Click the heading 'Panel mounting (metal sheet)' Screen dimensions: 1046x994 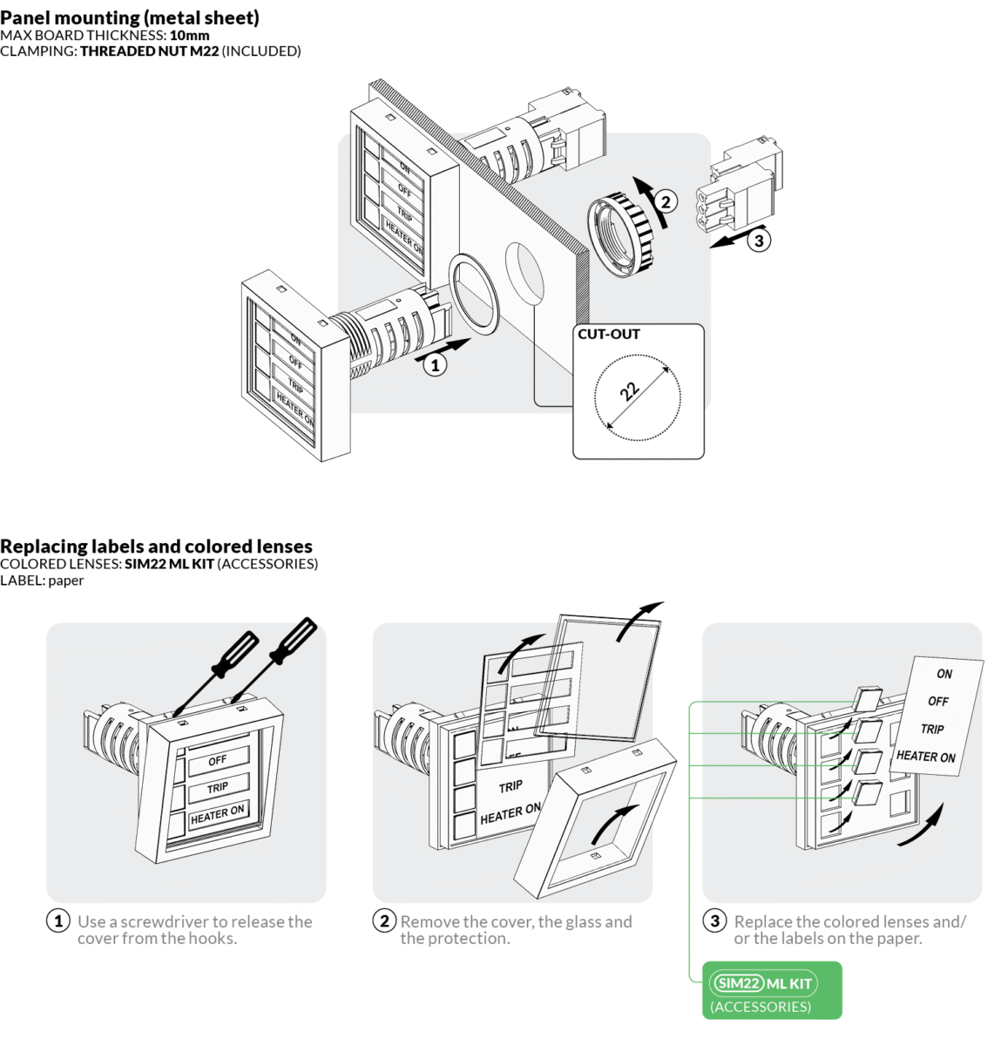coord(130,17)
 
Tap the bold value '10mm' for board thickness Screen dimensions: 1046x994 coord(189,36)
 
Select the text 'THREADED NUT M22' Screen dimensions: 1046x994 coord(149,51)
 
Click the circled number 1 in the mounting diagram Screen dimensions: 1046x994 coord(435,365)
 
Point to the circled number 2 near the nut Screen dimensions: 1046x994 coord(666,202)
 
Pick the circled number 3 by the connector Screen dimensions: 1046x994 coord(759,241)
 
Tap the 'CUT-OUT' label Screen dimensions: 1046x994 coord(609,335)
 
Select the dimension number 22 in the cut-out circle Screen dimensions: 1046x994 coord(630,391)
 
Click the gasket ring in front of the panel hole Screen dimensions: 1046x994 coord(475,294)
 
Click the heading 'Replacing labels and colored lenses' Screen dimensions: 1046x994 coord(156,547)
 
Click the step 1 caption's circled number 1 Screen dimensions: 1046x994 coord(57,921)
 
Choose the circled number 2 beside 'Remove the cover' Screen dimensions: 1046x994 coord(384,921)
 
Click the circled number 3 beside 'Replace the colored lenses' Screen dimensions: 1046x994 coord(714,921)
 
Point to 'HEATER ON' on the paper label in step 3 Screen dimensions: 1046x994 coord(925,757)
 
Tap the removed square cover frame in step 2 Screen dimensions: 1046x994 coord(601,819)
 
